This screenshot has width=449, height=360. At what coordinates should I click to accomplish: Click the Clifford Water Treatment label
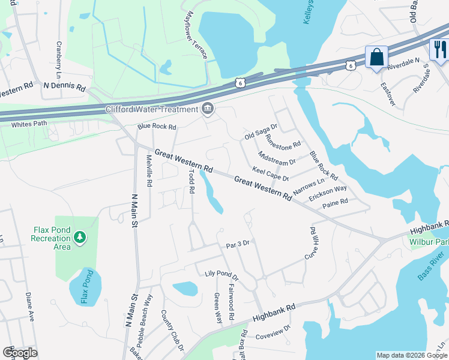click(x=151, y=109)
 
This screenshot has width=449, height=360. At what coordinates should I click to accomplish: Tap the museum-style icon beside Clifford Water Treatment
click(x=208, y=109)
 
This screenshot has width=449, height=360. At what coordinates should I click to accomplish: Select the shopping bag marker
click(x=376, y=58)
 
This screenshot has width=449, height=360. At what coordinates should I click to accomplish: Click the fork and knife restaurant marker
click(x=440, y=49)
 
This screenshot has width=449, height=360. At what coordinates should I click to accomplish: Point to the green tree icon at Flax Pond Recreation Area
click(x=79, y=239)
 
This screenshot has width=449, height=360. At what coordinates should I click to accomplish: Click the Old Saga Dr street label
click(x=261, y=131)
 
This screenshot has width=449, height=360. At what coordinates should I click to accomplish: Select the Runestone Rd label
click(x=283, y=142)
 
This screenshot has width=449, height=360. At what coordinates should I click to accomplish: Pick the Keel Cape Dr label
click(x=271, y=174)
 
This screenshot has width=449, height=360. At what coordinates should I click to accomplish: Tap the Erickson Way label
click(x=328, y=193)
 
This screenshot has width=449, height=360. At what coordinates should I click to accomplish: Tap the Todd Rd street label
click(x=191, y=181)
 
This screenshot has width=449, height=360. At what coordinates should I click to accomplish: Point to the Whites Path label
click(x=29, y=125)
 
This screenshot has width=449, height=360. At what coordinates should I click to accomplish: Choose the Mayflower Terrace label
click(x=197, y=35)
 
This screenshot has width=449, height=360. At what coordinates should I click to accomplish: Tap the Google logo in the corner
click(x=20, y=353)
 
